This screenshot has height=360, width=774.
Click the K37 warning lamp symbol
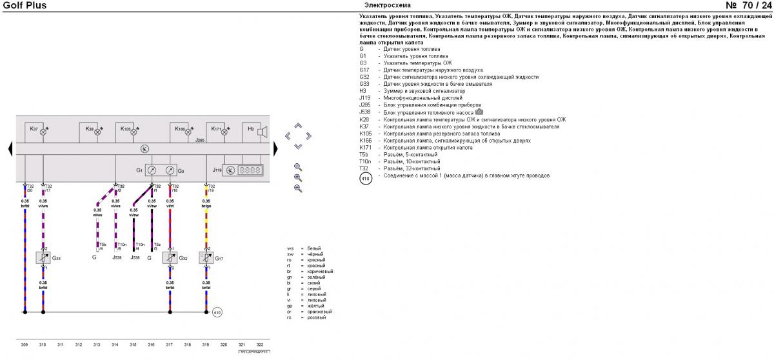pos(44,130)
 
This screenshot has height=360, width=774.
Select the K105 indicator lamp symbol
pos(135,130)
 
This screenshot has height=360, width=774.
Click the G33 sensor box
pos(43,258)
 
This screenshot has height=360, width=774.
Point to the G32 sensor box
pos(170,258)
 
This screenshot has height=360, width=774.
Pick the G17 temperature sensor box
pos(206,258)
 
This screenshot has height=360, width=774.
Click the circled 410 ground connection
pos(217,312)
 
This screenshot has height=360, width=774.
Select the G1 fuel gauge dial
pos(152,170)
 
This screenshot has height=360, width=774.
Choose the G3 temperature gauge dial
pos(170,170)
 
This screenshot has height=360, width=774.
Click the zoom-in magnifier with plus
pos(298,177)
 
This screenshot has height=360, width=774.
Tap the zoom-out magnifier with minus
pos(298,188)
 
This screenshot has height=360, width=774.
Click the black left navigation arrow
pos(10,149)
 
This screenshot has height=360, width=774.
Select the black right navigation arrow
pos(276,149)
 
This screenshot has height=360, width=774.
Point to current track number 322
pos(259,346)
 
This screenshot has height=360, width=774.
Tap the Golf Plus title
pos(25,6)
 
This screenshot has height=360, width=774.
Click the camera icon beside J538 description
pos(479,112)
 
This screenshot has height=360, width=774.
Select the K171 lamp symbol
pos(225,130)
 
